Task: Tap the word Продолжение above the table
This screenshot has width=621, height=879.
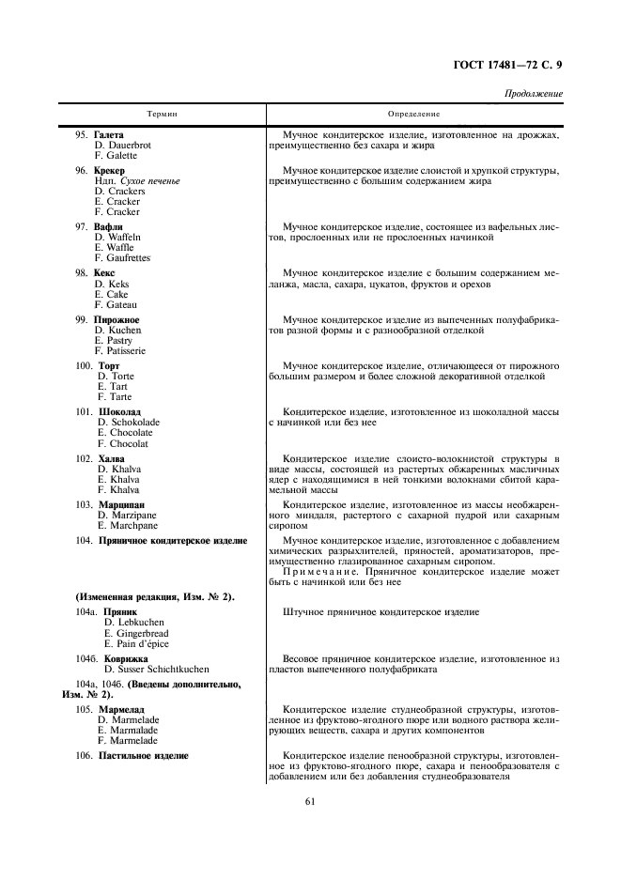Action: tap(534, 94)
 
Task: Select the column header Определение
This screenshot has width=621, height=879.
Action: tap(414, 114)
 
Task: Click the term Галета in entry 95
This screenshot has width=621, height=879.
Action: tap(109, 135)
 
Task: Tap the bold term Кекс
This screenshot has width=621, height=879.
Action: tap(104, 273)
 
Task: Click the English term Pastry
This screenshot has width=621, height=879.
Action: tap(117, 341)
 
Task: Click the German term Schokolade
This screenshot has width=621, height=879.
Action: tap(129, 423)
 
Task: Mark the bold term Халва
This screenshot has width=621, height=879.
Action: tap(112, 458)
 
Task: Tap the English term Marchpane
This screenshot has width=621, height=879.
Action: tap(127, 525)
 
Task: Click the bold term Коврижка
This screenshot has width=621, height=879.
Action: tap(127, 658)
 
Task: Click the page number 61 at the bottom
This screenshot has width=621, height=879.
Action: tap(310, 801)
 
